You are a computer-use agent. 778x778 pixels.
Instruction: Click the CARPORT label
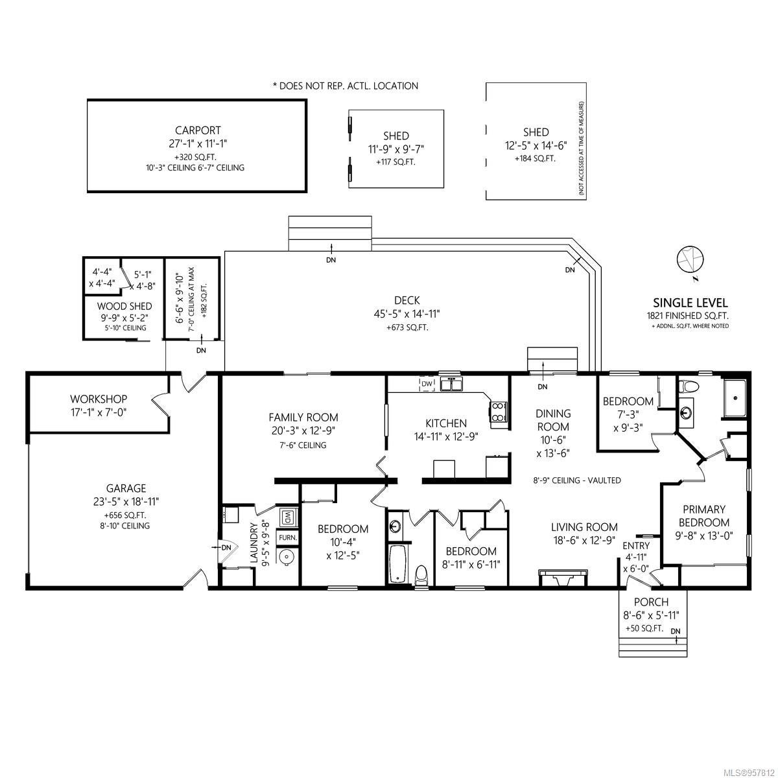click(x=198, y=130)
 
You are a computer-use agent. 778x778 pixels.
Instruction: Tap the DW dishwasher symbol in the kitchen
click(x=427, y=384)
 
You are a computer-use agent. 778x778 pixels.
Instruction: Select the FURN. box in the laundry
click(x=288, y=537)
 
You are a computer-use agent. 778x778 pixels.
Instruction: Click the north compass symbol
click(x=690, y=259)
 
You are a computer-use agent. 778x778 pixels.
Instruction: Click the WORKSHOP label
click(x=99, y=399)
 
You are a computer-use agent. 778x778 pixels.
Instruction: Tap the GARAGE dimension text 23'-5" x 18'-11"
click(x=126, y=501)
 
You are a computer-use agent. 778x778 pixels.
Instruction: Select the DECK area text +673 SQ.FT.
click(x=407, y=327)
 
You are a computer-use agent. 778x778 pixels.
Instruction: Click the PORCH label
click(x=651, y=602)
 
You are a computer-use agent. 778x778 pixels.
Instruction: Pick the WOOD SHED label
click(x=124, y=306)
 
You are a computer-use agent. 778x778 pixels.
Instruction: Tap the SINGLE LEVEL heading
click(x=690, y=303)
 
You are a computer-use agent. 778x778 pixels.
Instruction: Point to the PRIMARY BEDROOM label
click(x=704, y=515)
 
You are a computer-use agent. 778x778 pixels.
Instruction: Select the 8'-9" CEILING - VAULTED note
click(x=576, y=480)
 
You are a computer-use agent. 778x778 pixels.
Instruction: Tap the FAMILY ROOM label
click(x=303, y=417)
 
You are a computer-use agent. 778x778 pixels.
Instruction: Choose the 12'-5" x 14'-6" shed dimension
click(x=536, y=145)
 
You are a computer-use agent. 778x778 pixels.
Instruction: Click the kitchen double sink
click(x=451, y=384)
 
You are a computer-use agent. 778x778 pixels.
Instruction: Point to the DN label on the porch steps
click(x=676, y=631)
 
